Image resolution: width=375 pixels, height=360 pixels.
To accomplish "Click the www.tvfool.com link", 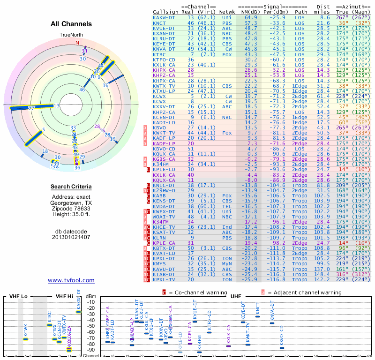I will (x=71, y=280).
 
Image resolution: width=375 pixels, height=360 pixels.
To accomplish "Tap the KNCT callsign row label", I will (x=159, y=22).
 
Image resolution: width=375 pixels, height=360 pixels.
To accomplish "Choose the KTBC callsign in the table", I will (x=159, y=54).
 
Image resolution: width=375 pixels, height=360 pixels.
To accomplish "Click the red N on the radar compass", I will (x=78, y=43).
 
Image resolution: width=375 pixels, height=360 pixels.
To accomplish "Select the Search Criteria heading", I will (x=71, y=187).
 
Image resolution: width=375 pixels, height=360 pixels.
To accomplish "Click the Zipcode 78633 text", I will (x=71, y=208).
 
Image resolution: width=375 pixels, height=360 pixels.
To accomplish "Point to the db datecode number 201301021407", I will (x=71, y=237).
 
